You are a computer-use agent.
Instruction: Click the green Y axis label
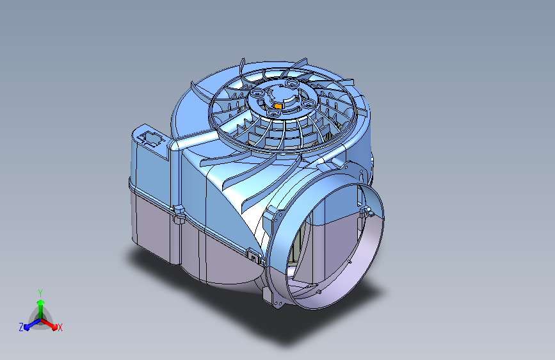click(x=40, y=293)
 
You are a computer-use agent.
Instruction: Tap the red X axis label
click(x=60, y=328)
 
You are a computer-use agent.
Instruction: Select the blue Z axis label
click(x=21, y=327)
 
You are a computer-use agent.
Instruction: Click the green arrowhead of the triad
click(x=41, y=303)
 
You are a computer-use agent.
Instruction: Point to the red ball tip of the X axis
click(x=54, y=327)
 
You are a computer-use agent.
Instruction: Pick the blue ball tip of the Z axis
click(x=27, y=327)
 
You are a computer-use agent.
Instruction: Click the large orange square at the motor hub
click(x=278, y=106)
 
